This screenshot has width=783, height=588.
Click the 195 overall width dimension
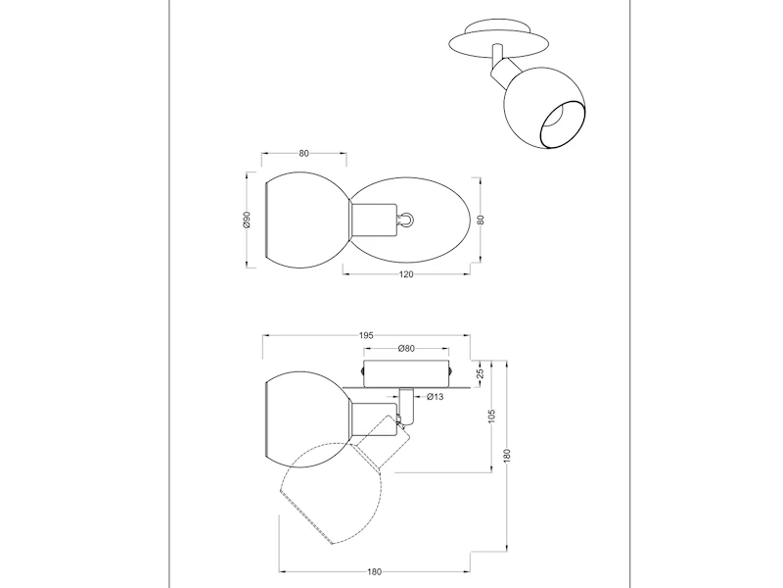pyautogui.click(x=366, y=335)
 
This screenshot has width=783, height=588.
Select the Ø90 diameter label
pyautogui.click(x=246, y=220)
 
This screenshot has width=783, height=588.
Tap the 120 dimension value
pyautogui.click(x=406, y=274)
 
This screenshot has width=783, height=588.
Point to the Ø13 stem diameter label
pyautogui.click(x=436, y=397)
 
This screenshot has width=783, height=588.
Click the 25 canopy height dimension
pyautogui.click(x=480, y=373)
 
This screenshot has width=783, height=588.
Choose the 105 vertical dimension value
pyautogui.click(x=492, y=416)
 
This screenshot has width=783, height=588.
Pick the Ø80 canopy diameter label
pyautogui.click(x=406, y=349)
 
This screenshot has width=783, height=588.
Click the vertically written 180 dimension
pyautogui.click(x=507, y=455)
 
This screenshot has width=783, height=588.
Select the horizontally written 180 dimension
pyautogui.click(x=374, y=572)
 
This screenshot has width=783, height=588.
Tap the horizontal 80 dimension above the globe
pyautogui.click(x=304, y=154)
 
